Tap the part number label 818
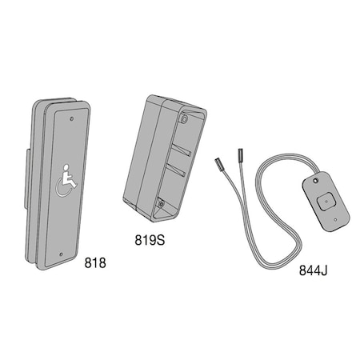(x=94, y=262)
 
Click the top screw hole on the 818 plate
(x=72, y=118)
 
